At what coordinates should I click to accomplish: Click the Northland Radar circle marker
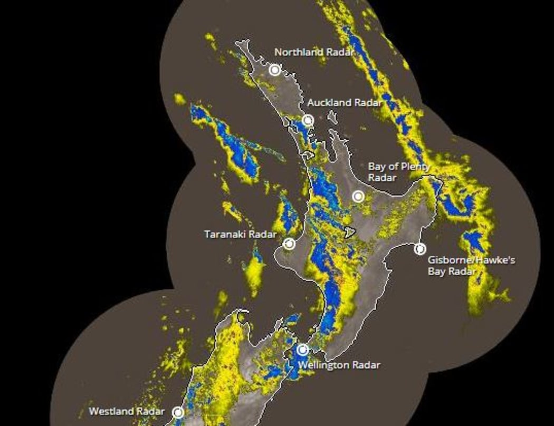[x=275, y=70]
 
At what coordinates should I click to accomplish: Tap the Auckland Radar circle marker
[x=308, y=120]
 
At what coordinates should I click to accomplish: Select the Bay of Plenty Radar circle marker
[x=358, y=197]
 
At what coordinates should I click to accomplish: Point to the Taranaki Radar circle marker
[x=289, y=244]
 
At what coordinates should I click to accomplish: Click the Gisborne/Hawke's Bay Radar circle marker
[x=420, y=249]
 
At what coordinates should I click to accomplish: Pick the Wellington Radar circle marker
[x=302, y=349]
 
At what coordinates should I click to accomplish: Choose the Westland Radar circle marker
[x=178, y=412]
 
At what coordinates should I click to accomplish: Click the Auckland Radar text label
[x=344, y=102]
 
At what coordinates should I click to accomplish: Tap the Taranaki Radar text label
[x=240, y=234]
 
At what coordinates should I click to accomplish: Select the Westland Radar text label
[x=127, y=411]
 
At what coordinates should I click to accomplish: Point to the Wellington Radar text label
[x=339, y=364]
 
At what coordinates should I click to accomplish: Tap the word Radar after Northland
[x=339, y=52]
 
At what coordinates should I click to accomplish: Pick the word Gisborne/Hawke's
[x=471, y=260]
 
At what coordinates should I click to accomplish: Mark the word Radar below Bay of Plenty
[x=382, y=178]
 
